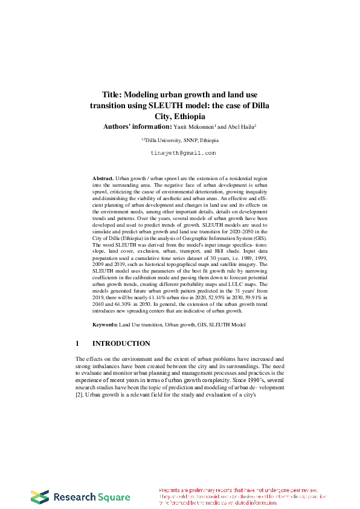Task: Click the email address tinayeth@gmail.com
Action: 182,154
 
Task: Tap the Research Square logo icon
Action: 40,497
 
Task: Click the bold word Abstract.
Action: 103,180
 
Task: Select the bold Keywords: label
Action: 105,325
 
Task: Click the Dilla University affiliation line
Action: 180,140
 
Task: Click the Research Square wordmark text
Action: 92,497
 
